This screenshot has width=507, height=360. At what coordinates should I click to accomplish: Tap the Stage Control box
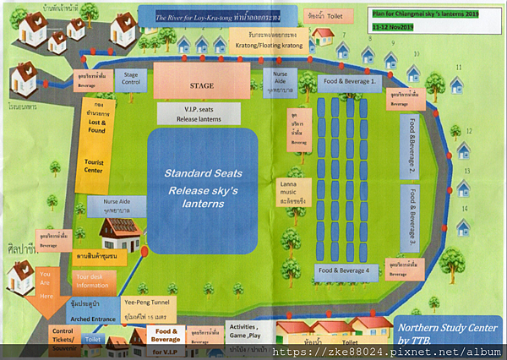tap(131, 80)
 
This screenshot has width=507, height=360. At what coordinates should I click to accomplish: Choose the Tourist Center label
tap(90, 164)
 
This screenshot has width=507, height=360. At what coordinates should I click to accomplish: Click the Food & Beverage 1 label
tap(348, 80)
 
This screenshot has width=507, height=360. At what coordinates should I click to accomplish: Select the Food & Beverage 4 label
tap(344, 270)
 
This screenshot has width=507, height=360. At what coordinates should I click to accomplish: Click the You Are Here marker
tap(46, 285)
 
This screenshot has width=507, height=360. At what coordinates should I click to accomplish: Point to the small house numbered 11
tap(457, 84)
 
